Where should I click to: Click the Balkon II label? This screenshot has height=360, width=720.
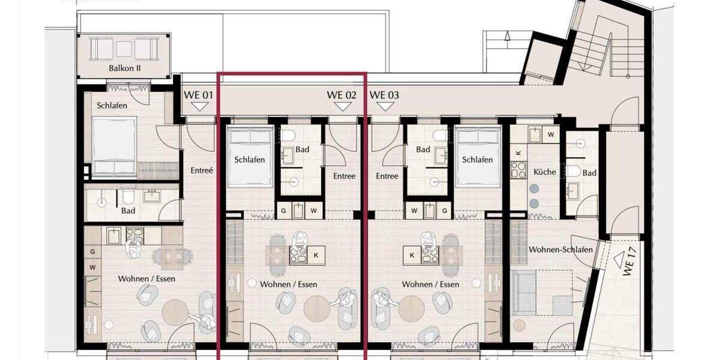[x=125, y=68]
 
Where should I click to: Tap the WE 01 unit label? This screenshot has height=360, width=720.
[x=199, y=95]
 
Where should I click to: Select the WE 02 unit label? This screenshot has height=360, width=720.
[x=341, y=95]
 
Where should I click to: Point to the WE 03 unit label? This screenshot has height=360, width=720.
[x=385, y=95]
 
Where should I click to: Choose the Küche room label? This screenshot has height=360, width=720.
[x=545, y=172]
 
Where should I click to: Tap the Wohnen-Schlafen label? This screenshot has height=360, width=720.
[x=560, y=250]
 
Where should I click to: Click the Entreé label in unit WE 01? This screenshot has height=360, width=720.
[x=202, y=170]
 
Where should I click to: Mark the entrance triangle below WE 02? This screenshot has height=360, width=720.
[x=342, y=106]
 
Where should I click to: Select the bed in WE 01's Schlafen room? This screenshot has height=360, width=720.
[x=114, y=147]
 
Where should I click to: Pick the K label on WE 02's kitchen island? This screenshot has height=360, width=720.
[x=316, y=255]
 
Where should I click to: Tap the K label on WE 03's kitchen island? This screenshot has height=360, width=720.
[x=412, y=255]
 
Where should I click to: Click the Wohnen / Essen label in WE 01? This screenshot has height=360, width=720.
[x=146, y=279]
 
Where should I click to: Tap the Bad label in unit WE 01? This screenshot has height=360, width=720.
[x=128, y=211]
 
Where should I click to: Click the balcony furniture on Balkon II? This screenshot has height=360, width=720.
[x=124, y=48]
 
